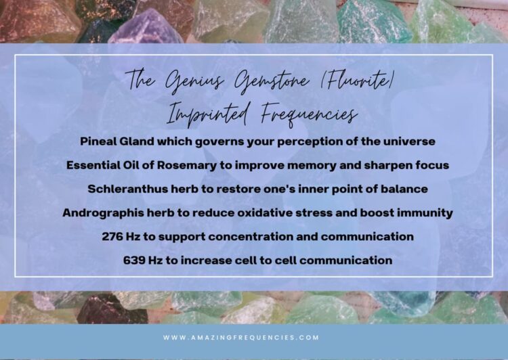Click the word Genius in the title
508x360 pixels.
(x=194, y=81)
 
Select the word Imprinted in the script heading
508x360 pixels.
(x=209, y=114)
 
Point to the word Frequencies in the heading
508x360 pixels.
(x=309, y=114)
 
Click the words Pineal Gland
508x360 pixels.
(x=117, y=141)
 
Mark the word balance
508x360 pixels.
(x=404, y=189)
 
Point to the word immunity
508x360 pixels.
(x=425, y=213)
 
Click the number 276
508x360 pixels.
(x=112, y=237)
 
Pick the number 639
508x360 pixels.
(x=134, y=261)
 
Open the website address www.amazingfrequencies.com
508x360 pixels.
(x=241, y=338)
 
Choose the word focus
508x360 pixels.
(x=432, y=165)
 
